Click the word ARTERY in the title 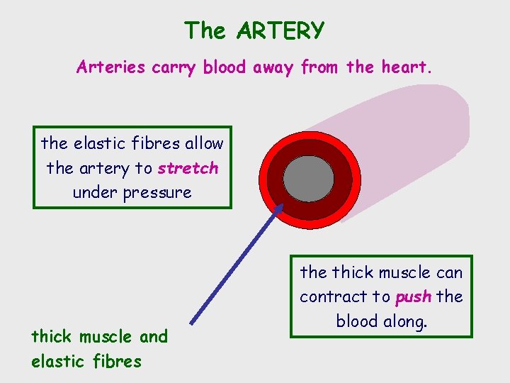click(281, 31)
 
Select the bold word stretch click(188, 168)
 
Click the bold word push click(413, 296)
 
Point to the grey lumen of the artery click(308, 179)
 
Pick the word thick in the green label click(52, 336)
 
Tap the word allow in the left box click(204, 143)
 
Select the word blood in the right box click(356, 321)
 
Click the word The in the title click(205, 31)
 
